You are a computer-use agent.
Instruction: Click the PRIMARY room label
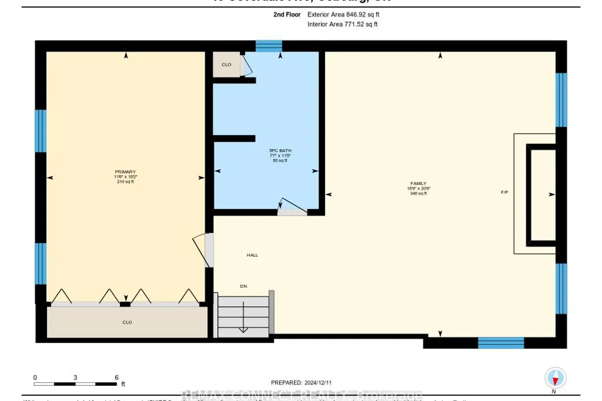(125, 172)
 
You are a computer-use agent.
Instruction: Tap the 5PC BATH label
(280, 151)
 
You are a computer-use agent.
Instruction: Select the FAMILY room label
(418, 184)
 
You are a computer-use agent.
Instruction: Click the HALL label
(252, 255)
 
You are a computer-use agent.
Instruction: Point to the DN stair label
(244, 286)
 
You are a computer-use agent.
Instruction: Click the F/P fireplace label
(504, 192)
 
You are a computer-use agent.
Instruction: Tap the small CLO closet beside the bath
(226, 65)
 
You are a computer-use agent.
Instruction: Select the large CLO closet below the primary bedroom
(127, 322)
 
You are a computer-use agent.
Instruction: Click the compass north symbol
(555, 378)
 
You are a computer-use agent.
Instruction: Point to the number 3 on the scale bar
(75, 378)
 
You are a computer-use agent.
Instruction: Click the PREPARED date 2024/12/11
(301, 383)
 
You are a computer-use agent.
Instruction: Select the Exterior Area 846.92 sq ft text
(343, 14)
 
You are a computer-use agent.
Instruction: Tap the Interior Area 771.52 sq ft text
(342, 24)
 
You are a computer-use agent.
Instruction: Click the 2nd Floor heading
(287, 14)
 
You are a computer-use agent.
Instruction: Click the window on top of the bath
(268, 46)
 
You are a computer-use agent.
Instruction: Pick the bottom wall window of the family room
(501, 343)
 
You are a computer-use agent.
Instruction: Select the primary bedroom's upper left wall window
(41, 131)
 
